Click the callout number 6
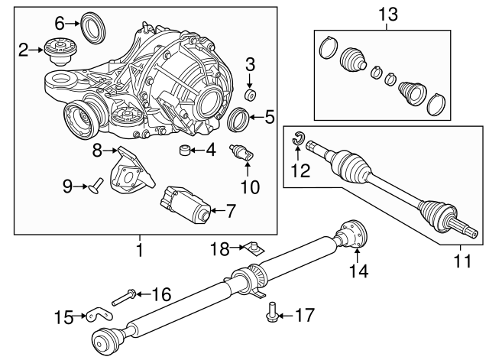pyautogui.click(x=60, y=24)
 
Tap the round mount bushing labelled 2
pyautogui.click(x=60, y=51)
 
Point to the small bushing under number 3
pyautogui.click(x=250, y=95)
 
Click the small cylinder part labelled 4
pyautogui.click(x=185, y=150)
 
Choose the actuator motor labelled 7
pyautogui.click(x=186, y=204)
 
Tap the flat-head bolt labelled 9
pyautogui.click(x=96, y=186)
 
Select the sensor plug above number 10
pyautogui.click(x=242, y=153)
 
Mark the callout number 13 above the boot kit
pyautogui.click(x=388, y=15)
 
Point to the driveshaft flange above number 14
pyautogui.click(x=351, y=234)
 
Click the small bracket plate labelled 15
pyautogui.click(x=99, y=315)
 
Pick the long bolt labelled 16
pyautogui.click(x=124, y=297)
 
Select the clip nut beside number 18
pyautogui.click(x=255, y=248)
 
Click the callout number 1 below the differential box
pyautogui.click(x=140, y=250)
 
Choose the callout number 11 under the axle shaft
pyautogui.click(x=462, y=261)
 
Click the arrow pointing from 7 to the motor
pyautogui.click(x=217, y=210)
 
